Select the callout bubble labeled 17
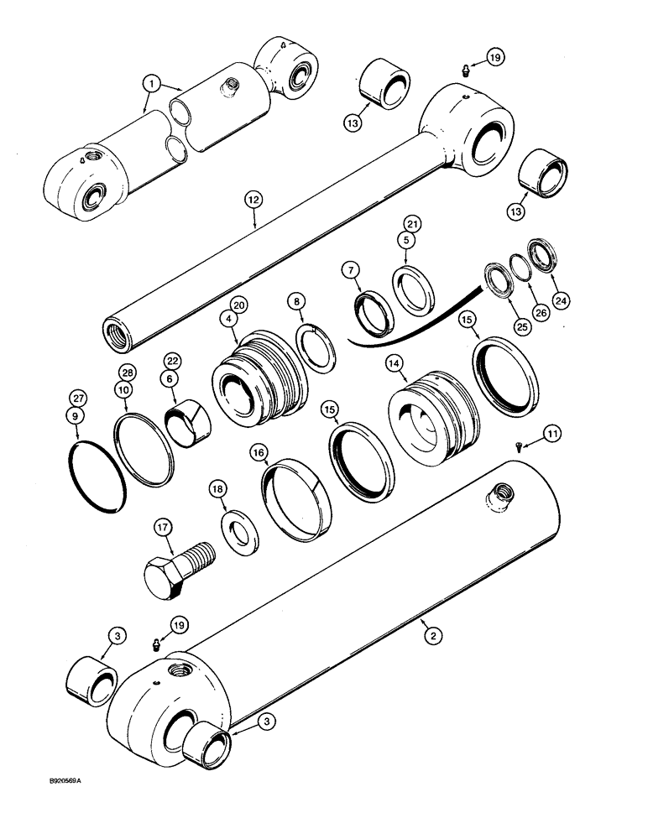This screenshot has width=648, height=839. tap(163, 529)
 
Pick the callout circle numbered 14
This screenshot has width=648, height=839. tap(393, 364)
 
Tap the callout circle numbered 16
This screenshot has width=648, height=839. tap(259, 454)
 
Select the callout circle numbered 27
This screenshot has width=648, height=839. tap(78, 396)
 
